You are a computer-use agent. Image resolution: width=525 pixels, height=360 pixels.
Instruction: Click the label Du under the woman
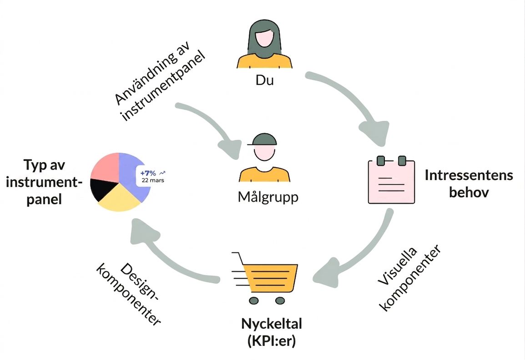pyautogui.click(x=264, y=80)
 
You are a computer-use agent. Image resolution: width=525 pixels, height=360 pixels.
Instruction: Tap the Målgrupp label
pyautogui.click(x=268, y=197)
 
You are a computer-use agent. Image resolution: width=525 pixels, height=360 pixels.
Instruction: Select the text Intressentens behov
pyautogui.click(x=469, y=183)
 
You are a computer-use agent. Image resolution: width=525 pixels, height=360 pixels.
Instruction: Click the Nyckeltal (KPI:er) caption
pyautogui.click(x=272, y=332)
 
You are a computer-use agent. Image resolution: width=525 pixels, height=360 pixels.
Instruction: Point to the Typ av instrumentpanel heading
pyautogui.click(x=44, y=182)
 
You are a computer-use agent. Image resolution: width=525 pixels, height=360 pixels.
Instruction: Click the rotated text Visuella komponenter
pyautogui.click(x=409, y=278)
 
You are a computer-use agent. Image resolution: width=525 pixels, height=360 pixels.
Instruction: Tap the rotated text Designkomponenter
pyautogui.click(x=129, y=294)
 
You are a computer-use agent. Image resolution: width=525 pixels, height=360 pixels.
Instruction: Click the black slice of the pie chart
pyautogui.click(x=102, y=188)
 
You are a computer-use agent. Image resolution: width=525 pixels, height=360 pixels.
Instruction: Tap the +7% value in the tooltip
pyautogui.click(x=148, y=173)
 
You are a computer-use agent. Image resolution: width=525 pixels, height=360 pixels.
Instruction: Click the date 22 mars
pyautogui.click(x=153, y=180)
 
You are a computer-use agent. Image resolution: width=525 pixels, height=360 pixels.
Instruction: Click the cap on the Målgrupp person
pyautogui.click(x=263, y=139)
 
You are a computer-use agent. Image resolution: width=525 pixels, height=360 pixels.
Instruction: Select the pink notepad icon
pyautogui.click(x=391, y=180)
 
